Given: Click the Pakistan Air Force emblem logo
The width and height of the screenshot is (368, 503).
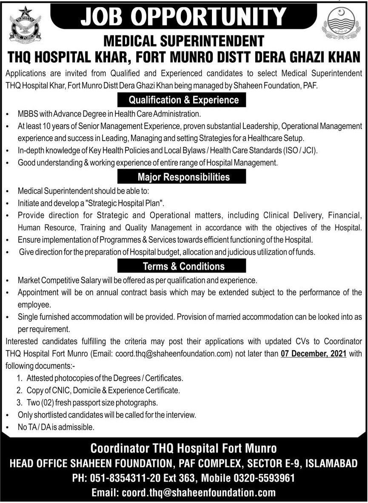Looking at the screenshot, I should pos(25,24).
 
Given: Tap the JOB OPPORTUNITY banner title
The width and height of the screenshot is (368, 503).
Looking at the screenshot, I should pos(183,17).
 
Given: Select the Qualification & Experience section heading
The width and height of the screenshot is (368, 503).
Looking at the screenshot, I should pos(184,100).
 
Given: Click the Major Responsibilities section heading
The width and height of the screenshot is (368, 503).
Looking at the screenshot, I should pos(183,176).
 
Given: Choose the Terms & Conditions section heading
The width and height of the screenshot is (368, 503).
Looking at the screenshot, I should pos(183,266).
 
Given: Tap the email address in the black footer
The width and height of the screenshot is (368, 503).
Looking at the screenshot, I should pos(183,492).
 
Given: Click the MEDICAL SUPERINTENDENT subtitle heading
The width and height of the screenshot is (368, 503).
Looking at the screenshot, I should pos(183,41).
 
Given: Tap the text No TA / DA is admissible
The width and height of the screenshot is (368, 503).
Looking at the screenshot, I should pos(56,426).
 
